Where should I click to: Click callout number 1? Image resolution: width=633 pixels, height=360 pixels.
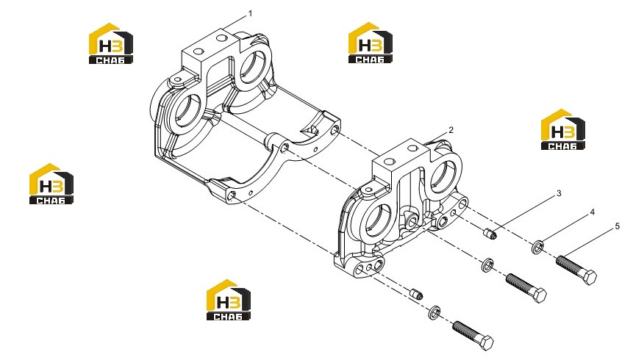coord(250,14)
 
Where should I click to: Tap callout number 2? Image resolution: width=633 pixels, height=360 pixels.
coord(451,130)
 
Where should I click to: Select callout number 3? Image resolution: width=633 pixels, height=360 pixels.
coord(559,193)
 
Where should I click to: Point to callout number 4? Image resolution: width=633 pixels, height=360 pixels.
coord(593,212)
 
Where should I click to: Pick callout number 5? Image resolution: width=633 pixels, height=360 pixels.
coord(618,226)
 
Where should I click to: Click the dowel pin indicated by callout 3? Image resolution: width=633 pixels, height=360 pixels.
coord(490,233)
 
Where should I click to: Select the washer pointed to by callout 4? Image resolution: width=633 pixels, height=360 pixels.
coord(537,247)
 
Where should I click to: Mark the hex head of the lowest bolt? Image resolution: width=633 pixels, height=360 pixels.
coord(486,343)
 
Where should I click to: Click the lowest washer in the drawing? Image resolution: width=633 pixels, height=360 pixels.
coord(434,312)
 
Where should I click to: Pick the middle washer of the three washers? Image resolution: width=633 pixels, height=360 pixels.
coord(487,264)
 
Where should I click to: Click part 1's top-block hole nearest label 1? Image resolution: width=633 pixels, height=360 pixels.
coord(221,38)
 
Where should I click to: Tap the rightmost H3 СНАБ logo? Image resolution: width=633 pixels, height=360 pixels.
coord(562,129)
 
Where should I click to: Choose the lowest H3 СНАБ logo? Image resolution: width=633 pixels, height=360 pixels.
coord(229,300)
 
